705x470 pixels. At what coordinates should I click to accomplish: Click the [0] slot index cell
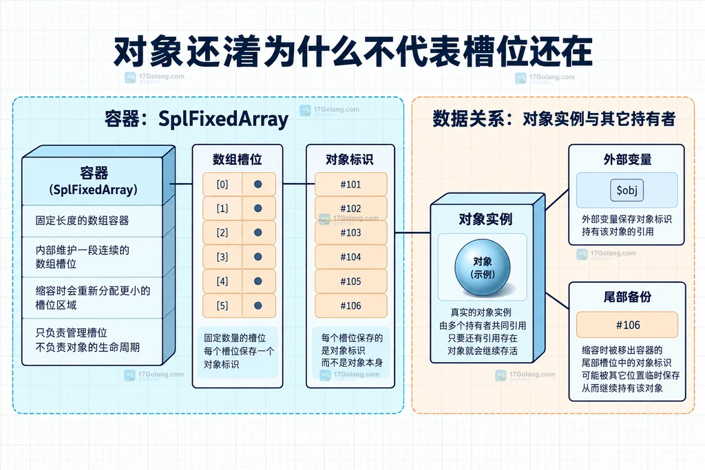(222, 184)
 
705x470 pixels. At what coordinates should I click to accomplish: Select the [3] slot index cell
(222, 257)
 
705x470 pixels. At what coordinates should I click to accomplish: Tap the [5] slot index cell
(222, 306)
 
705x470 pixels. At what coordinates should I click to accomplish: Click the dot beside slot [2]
(258, 233)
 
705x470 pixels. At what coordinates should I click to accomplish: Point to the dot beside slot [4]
(258, 281)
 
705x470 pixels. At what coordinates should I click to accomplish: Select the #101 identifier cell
(350, 184)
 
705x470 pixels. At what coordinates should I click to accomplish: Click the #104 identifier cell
(350, 257)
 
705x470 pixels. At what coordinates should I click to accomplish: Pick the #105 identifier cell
(350, 281)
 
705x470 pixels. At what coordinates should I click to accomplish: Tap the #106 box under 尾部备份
(627, 325)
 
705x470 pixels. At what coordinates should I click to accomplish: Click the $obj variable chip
(627, 191)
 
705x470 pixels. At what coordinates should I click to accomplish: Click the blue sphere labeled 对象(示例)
(483, 268)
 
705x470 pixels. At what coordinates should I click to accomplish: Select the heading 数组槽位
(238, 160)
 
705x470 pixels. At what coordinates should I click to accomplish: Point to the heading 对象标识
(349, 160)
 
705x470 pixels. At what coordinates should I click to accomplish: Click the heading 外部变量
(627, 159)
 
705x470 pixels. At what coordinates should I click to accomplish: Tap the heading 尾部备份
(627, 297)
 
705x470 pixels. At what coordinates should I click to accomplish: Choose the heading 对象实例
(485, 219)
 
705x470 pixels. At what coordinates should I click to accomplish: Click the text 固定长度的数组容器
(83, 220)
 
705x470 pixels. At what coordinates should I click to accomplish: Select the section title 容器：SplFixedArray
(196, 118)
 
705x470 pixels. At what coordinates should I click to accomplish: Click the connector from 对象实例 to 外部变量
(557, 200)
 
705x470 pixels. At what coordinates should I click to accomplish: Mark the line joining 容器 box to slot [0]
(181, 184)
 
